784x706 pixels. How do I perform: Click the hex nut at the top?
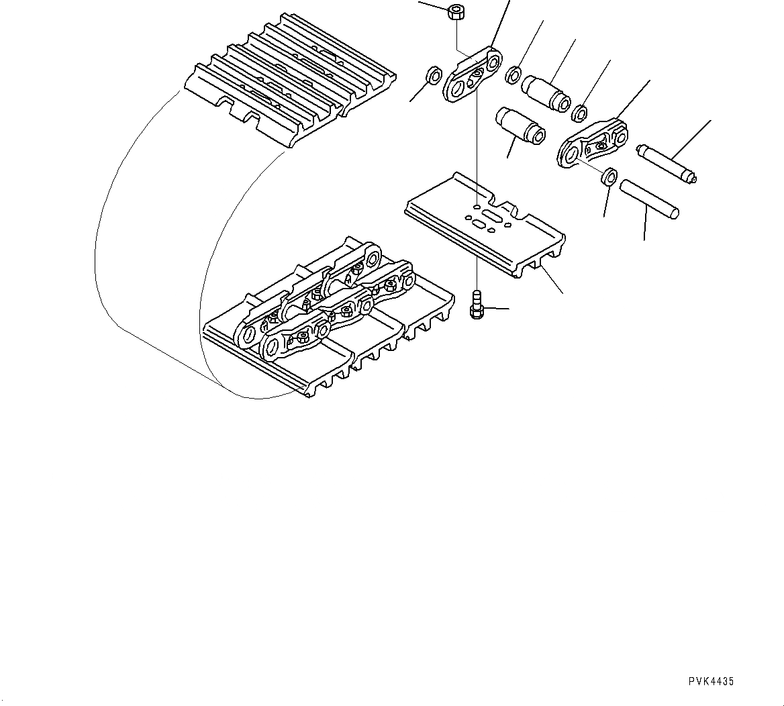456,12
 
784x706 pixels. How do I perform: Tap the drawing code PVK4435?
711,681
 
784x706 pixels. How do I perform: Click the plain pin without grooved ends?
649,198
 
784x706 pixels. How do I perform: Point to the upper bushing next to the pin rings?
547,91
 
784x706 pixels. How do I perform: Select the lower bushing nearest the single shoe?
519,124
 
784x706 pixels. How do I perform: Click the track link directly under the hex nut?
473,74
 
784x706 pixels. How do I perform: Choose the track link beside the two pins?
593,144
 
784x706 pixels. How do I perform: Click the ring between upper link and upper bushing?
513,74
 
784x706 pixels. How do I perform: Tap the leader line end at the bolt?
508,309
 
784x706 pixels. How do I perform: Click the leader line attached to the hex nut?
433,6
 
